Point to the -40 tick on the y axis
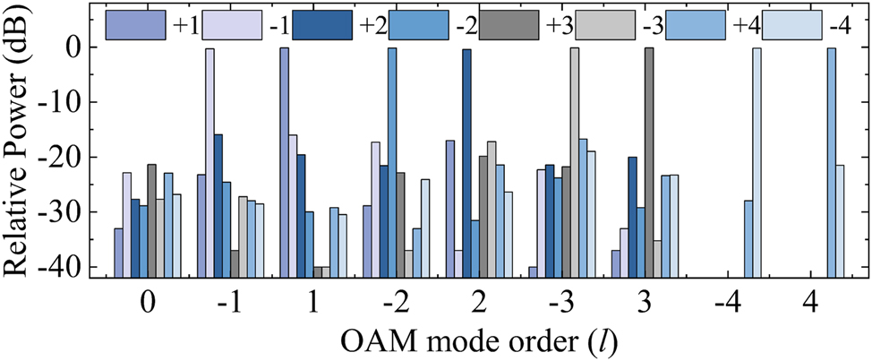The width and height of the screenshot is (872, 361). (68, 267)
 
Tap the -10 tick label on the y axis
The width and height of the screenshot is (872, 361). (68, 102)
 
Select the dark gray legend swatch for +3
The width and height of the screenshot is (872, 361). (508, 25)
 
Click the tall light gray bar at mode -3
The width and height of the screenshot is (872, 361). (575, 161)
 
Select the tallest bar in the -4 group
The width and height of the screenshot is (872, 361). (757, 161)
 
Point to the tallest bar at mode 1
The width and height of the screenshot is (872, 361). (285, 161)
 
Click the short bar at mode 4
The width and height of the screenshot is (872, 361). (840, 220)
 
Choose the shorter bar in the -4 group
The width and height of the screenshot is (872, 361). (748, 238)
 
